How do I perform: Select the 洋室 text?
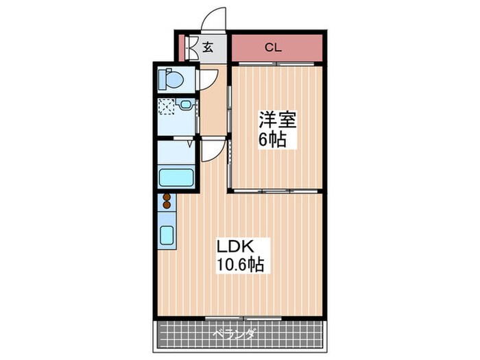point(277,121)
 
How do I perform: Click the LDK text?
point(235,246)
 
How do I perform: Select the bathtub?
point(176,176)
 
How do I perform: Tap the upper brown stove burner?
point(166,197)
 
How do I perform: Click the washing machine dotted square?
point(166,106)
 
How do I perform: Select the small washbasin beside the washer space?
point(185,105)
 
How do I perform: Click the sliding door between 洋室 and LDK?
point(274,190)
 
